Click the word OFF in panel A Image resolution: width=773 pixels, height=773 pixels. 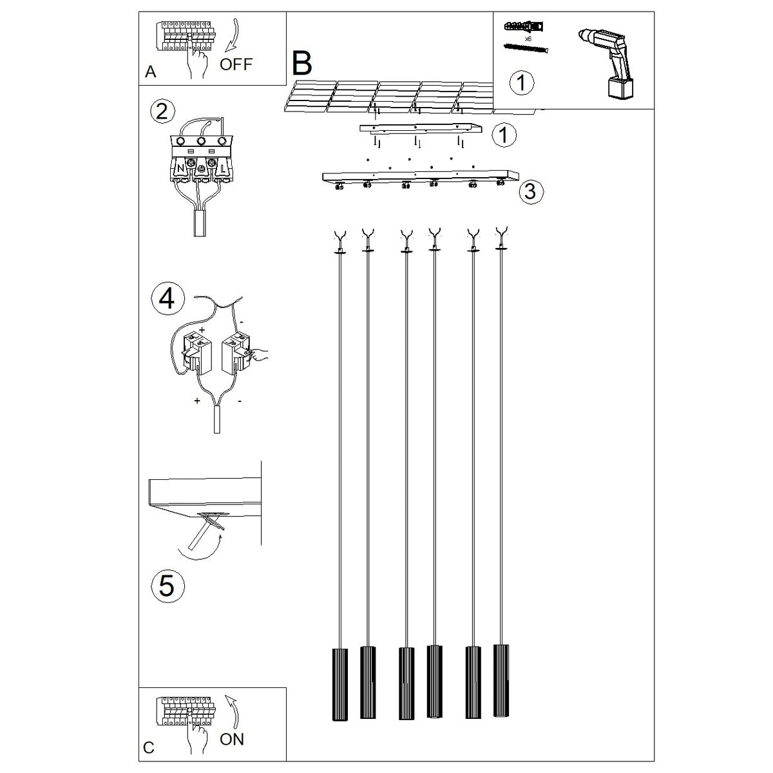tap(236, 64)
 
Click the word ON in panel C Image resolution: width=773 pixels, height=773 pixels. tap(232, 740)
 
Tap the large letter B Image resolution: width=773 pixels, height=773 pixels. tap(301, 63)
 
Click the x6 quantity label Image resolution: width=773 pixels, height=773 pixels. tap(528, 39)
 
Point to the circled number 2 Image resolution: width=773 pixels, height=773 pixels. tap(162, 111)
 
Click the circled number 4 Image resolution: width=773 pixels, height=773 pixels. tap(167, 300)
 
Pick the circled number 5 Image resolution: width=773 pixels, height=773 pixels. tap(167, 586)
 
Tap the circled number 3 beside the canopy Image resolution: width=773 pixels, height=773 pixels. tap(531, 192)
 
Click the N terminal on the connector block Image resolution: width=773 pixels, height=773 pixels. tap(180, 169)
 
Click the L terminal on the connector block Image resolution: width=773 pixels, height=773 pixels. tap(222, 169)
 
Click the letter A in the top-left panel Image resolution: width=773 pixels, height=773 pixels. tap(151, 72)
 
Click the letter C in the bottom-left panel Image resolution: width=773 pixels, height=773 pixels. tap(148, 748)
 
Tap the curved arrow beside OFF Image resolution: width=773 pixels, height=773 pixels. tap(233, 36)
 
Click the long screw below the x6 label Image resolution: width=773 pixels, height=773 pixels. tap(526, 48)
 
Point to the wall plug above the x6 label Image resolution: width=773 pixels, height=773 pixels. tap(524, 26)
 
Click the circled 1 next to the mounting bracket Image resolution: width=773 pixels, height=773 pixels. tap(504, 135)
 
